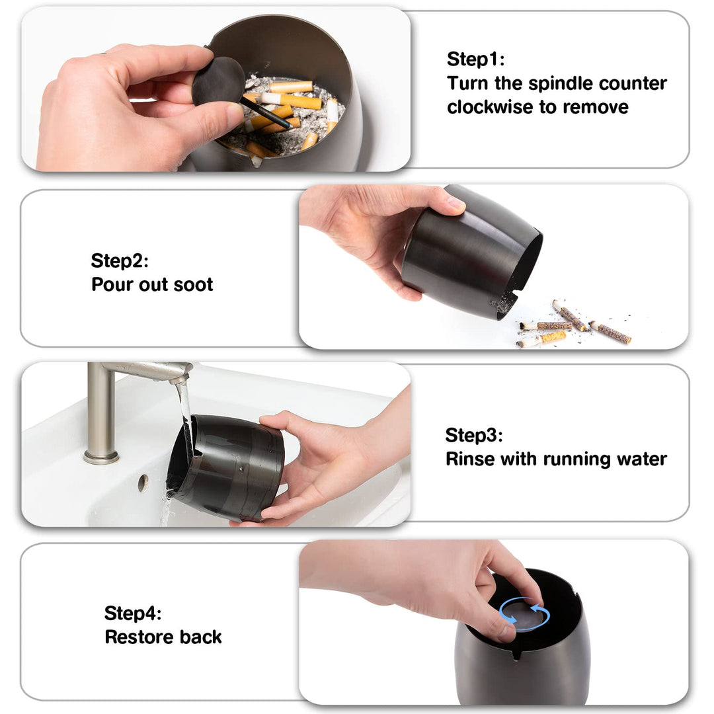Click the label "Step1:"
point(475,59)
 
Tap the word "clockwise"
point(489,108)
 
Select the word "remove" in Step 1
point(596,108)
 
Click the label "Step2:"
point(119,261)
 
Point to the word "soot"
point(193,285)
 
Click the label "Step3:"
point(474,435)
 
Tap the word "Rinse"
point(471,459)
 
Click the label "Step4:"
point(132,614)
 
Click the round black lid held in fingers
point(219,81)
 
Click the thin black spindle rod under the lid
point(266,113)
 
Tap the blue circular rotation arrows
point(524,614)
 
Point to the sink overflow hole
point(143,483)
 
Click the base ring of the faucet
point(101,457)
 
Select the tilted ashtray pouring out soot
point(472,252)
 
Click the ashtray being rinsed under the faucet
point(225,467)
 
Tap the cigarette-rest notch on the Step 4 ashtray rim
point(516,654)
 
